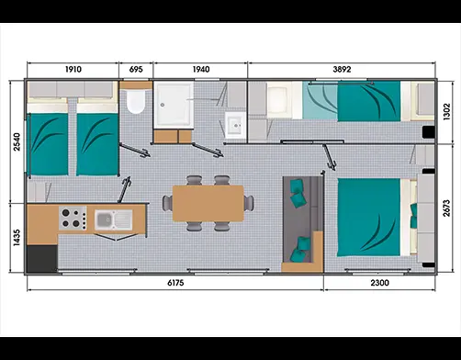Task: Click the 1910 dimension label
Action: tap(73, 70)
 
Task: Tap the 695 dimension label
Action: tap(136, 70)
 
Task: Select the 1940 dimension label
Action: tap(201, 70)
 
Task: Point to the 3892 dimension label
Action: tap(342, 70)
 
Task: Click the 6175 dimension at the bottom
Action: tap(175, 283)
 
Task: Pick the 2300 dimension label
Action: tap(380, 283)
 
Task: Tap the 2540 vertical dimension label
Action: tap(17, 141)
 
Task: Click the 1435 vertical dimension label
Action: tap(17, 238)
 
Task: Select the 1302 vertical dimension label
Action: tap(446, 112)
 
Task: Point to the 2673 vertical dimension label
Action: tap(446, 208)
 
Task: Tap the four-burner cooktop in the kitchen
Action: tap(73, 219)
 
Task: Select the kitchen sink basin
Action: tap(104, 219)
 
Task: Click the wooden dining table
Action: tap(208, 203)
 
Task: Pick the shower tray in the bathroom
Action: tap(174, 105)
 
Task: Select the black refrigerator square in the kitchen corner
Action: tap(42, 258)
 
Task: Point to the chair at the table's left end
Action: tap(167, 203)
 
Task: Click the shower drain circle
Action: tap(163, 105)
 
